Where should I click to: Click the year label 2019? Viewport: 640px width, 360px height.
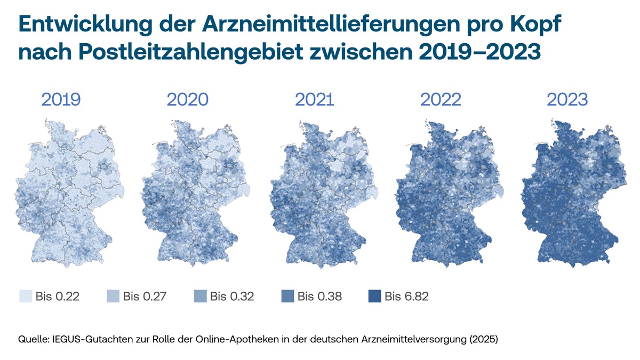click(61, 99)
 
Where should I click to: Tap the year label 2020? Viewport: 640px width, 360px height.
click(187, 99)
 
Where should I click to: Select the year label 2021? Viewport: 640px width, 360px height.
click(314, 99)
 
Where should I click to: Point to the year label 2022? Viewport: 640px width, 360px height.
click(441, 99)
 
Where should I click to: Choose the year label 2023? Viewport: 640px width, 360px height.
click(567, 99)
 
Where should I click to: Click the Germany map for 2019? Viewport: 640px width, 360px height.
click(69, 193)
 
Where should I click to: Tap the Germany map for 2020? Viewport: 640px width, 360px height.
click(195, 193)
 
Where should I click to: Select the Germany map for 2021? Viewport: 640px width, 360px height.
click(324, 193)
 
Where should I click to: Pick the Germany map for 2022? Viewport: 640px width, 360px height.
click(450, 193)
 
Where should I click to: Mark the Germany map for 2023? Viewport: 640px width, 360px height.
click(574, 193)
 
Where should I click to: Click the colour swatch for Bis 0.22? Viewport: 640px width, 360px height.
click(26, 297)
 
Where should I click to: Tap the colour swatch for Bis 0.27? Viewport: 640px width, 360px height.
click(113, 297)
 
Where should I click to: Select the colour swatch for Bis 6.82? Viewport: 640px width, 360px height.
click(374, 297)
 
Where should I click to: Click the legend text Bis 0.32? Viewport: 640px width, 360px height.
click(232, 297)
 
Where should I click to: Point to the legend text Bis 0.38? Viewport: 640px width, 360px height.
click(319, 297)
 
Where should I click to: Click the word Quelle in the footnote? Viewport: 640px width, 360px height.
click(34, 339)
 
